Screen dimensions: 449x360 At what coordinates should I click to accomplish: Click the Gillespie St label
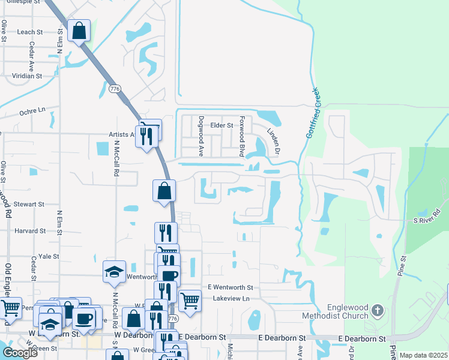click(x=20, y=2)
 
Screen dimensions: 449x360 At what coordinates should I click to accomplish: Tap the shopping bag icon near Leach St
click(x=79, y=29)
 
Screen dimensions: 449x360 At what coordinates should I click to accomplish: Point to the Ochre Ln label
click(x=32, y=111)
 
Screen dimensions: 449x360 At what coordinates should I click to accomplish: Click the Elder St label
click(x=221, y=125)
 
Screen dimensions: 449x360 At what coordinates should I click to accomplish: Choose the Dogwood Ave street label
click(x=202, y=136)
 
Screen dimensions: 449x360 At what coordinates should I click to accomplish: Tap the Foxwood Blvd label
click(x=243, y=136)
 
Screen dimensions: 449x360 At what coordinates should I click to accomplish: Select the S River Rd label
click(x=427, y=217)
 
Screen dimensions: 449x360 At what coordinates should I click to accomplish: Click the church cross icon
click(x=377, y=310)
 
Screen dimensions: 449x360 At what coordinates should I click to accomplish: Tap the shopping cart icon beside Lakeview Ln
click(x=190, y=300)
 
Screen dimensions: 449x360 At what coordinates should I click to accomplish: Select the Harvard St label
click(x=30, y=230)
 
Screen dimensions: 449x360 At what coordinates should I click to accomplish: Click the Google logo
click(x=20, y=353)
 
